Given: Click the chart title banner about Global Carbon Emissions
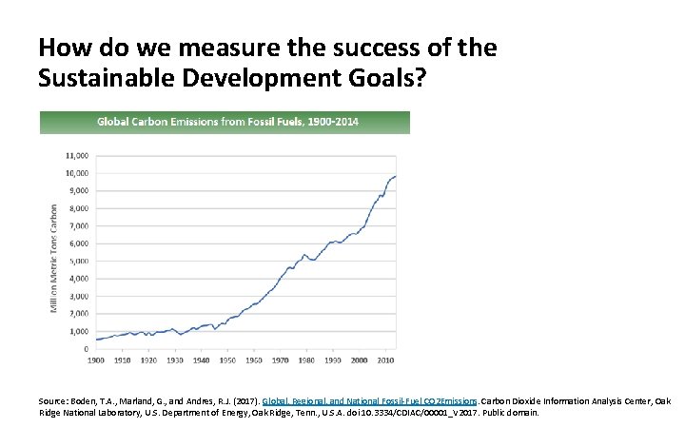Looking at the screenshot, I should tap(225, 122).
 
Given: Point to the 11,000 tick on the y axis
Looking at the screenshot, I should tap(77, 155).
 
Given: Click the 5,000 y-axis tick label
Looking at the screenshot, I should tap(79, 261).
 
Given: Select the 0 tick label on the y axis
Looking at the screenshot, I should tap(86, 348).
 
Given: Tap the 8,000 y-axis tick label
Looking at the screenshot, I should tap(79, 208).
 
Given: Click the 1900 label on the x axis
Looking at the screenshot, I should tap(96, 361).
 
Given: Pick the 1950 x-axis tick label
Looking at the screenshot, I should tap(227, 361).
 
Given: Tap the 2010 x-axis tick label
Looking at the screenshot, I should tap(384, 361).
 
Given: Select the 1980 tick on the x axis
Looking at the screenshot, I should tap(306, 361).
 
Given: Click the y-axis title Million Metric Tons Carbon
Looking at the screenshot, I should tap(53, 255).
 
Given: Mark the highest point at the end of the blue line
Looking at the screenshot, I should tap(395, 176).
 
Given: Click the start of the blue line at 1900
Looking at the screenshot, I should tap(96, 340).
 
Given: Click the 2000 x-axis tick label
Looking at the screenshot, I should tap(359, 361).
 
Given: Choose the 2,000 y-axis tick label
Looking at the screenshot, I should tap(79, 313).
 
